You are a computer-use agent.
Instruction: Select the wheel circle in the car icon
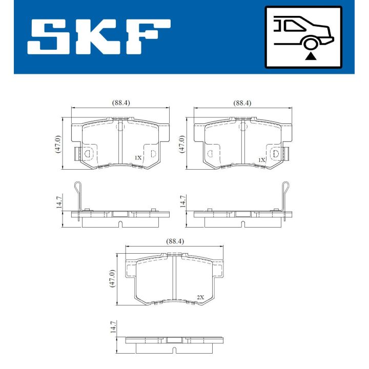[x=310, y=44]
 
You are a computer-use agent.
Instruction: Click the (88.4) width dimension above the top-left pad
[x=121, y=102]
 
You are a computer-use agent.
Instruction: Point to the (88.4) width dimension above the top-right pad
[x=242, y=102]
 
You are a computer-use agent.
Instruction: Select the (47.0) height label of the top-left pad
[x=58, y=144]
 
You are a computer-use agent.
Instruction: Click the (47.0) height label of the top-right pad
[x=180, y=144]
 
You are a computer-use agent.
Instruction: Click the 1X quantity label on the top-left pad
[x=138, y=158]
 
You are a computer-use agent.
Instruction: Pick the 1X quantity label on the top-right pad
[x=262, y=160]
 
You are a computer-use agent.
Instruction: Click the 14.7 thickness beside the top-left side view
[x=58, y=201]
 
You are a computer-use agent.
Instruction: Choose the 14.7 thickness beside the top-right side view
[x=181, y=201]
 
